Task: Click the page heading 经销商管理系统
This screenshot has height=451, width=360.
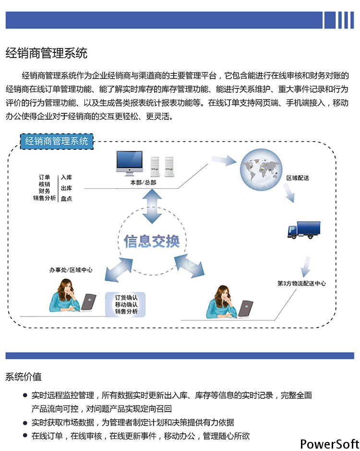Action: click(x=46, y=53)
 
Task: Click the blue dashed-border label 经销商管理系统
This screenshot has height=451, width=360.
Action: click(x=57, y=141)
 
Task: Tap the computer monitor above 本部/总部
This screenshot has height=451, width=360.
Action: click(x=130, y=163)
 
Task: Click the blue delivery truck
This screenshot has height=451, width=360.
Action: click(x=304, y=230)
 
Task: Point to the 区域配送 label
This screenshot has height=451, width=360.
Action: click(x=298, y=178)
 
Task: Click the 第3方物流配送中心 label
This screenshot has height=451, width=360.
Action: click(x=301, y=283)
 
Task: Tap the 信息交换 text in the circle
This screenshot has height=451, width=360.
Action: click(x=152, y=241)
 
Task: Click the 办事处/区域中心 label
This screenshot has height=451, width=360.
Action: click(x=71, y=270)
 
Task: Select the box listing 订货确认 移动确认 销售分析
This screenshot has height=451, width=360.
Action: click(x=126, y=305)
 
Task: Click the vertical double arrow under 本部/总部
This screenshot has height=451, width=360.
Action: click(x=152, y=206)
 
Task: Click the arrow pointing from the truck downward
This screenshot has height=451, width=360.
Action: click(x=306, y=267)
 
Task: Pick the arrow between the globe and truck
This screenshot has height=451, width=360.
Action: click(x=289, y=193)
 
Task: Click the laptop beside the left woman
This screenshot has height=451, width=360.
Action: click(x=88, y=302)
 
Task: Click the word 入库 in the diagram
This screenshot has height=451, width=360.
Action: click(x=66, y=177)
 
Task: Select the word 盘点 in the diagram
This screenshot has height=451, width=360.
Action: click(x=66, y=198)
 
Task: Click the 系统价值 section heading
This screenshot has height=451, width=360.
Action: click(x=24, y=377)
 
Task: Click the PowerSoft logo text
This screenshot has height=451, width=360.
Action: click(x=330, y=444)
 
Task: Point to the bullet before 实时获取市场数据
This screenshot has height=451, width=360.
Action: click(x=25, y=423)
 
